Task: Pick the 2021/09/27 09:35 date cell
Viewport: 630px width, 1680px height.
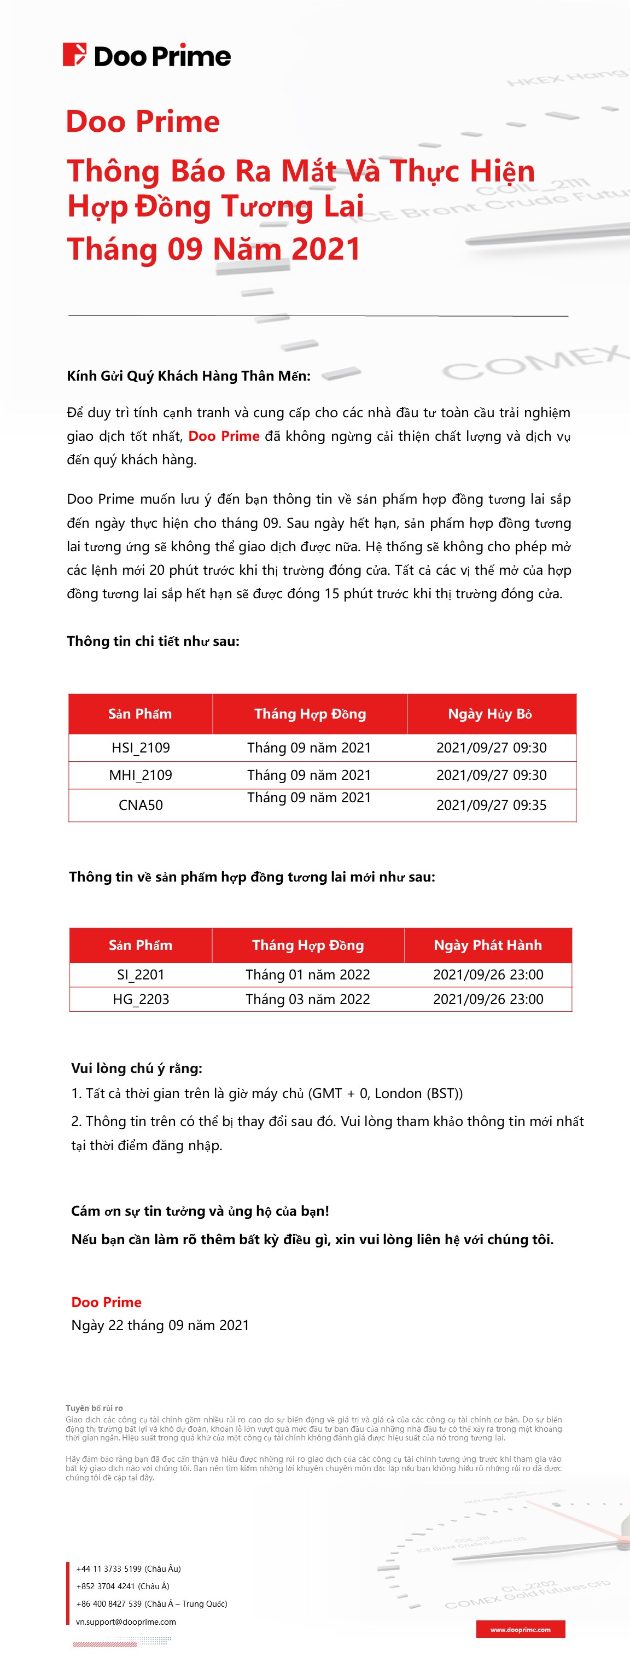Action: coord(491,805)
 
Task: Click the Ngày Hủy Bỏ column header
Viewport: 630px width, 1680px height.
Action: coord(490,714)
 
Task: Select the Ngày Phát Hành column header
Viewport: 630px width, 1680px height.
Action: coord(487,945)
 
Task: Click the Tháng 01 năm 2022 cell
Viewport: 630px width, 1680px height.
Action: coord(307,975)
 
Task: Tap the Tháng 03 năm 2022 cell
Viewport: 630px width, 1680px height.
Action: coord(307,999)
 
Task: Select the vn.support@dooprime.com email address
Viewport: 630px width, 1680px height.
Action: coord(126,1621)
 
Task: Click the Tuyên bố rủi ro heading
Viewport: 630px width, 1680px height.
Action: coord(94,1408)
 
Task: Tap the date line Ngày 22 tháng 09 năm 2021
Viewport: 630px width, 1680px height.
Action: coord(160,1325)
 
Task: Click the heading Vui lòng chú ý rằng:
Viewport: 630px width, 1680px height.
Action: coord(136,1068)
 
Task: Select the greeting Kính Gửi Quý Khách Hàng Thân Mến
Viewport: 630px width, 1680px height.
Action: coord(189,376)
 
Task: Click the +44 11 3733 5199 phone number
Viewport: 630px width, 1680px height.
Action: coord(129,1568)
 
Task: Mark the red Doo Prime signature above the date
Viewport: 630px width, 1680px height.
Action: coord(106,1302)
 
